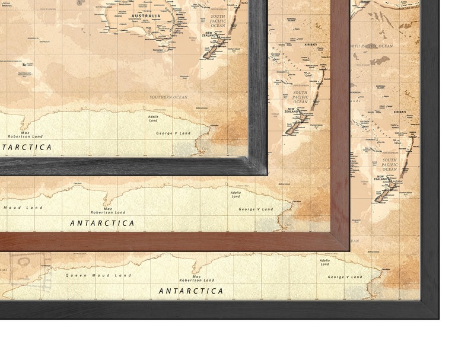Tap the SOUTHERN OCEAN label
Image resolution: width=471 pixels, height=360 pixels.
click(168, 97)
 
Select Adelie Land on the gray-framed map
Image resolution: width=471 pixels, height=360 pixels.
click(153, 119)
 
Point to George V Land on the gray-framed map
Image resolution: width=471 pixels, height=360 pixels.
click(173, 133)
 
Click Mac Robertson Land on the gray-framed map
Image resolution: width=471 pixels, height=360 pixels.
click(23, 135)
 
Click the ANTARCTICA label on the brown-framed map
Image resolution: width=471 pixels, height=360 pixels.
click(102, 223)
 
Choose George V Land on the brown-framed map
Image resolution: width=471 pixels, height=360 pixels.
click(256, 209)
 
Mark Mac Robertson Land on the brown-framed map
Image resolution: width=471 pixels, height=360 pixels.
click(107, 210)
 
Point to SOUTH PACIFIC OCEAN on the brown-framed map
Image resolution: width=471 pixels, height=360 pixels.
click(301, 97)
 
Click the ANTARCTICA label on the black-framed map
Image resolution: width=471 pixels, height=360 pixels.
click(191, 291)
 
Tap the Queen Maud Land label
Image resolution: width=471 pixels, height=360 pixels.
click(98, 275)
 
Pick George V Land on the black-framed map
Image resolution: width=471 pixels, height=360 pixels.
click(345, 277)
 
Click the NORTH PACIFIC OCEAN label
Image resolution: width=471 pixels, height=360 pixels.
click(370, 46)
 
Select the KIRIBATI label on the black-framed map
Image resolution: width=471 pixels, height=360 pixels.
click(400, 111)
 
